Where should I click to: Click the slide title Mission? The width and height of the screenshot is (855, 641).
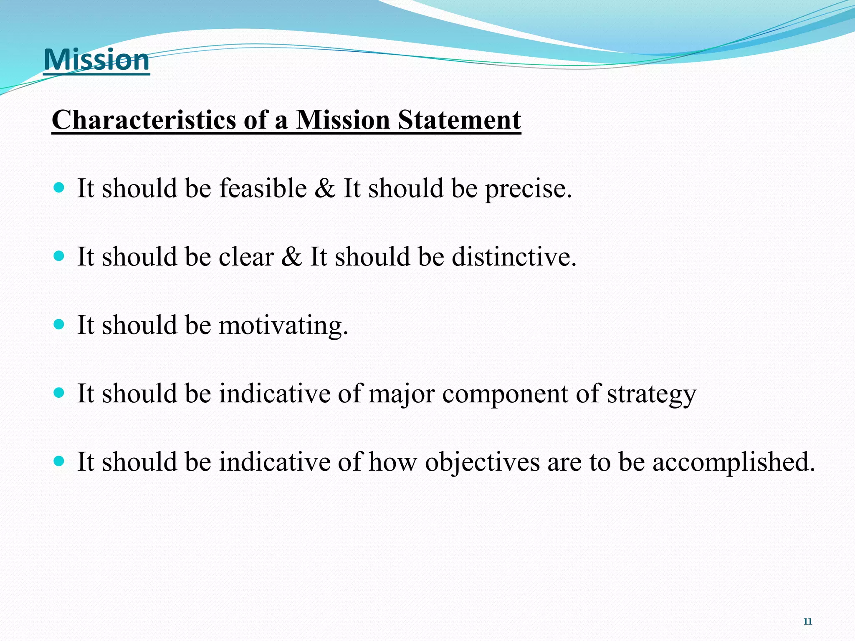[x=96, y=60]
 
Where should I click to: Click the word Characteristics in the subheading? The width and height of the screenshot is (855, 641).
[x=144, y=120]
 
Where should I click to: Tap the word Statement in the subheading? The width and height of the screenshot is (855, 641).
[x=459, y=120]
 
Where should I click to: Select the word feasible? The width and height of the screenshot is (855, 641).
[x=263, y=188]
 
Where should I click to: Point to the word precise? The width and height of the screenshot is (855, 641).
[x=528, y=189]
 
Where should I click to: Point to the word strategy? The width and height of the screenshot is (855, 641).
[x=651, y=394]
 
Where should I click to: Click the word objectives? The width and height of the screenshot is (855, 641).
[x=482, y=462]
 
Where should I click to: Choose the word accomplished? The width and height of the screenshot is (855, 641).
[x=733, y=462]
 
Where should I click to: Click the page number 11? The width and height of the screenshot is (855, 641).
[x=808, y=621]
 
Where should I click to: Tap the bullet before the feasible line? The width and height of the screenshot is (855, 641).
[x=59, y=187]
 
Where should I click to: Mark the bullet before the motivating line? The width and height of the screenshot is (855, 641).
[x=59, y=324]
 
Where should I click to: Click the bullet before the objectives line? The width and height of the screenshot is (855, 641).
[x=59, y=461]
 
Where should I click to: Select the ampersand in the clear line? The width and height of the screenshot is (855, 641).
[x=291, y=256]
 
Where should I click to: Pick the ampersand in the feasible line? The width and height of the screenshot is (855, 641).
[x=325, y=188]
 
